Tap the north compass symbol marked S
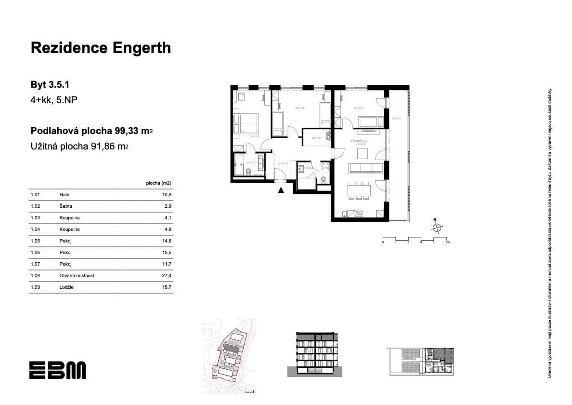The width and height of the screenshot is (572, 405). (436, 227)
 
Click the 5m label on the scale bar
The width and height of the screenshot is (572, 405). (447, 243)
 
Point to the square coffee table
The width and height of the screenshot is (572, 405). (362, 154)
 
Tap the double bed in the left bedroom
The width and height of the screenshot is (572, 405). (246, 122)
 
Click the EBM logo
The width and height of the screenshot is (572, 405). (57, 370)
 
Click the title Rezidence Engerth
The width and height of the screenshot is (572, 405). (101, 48)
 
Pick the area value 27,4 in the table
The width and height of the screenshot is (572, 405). (167, 276)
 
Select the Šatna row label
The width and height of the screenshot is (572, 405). (65, 206)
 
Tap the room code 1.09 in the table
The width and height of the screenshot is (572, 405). (35, 287)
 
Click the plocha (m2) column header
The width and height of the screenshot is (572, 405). (158, 183)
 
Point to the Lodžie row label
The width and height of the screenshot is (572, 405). (66, 287)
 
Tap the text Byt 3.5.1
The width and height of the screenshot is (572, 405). (51, 85)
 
